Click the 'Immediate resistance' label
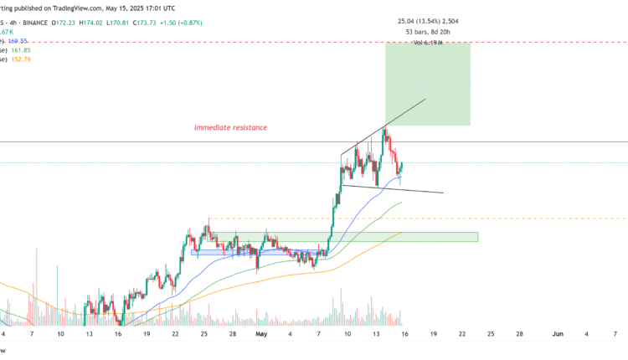[x=230, y=127]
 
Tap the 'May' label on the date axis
[x=259, y=333]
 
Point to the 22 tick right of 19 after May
[x=462, y=333]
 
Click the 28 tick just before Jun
[x=519, y=333]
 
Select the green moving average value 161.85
[x=20, y=49]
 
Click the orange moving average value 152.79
[x=20, y=59]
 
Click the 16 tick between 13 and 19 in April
[x=119, y=333]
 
